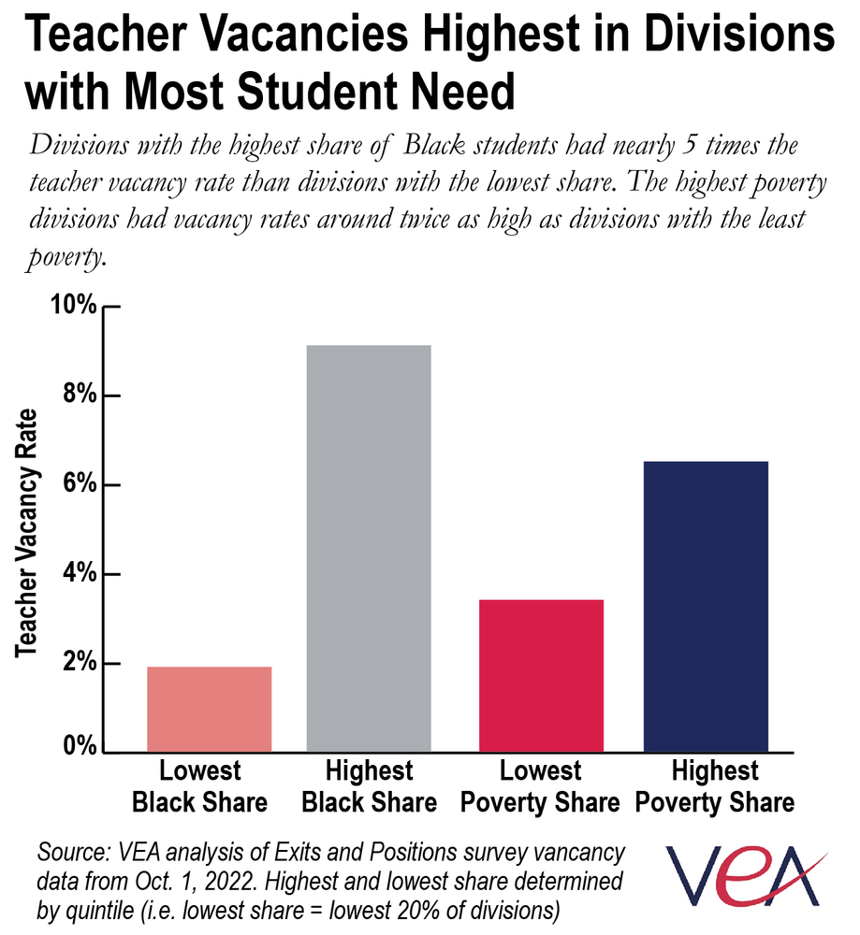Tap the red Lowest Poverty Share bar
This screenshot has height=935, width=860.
tap(541, 675)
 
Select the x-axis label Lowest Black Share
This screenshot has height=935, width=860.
tap(199, 786)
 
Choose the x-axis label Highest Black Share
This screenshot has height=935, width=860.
tap(369, 786)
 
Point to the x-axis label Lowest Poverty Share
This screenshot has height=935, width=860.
tap(540, 786)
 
